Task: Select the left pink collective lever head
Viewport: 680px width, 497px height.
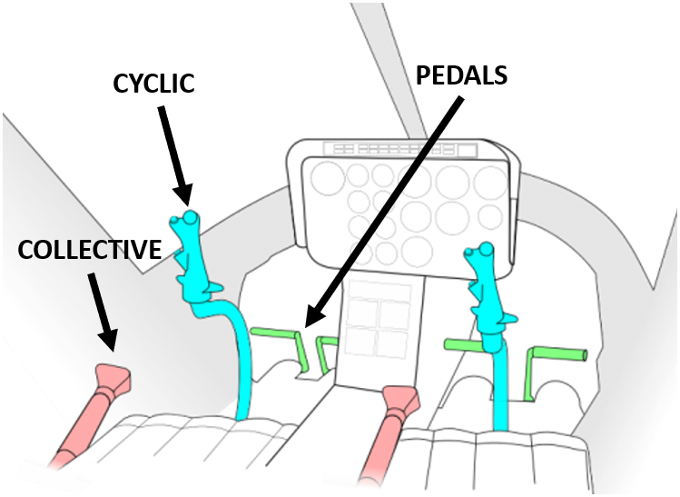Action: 113,378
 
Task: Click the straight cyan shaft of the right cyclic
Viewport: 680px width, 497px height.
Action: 502,391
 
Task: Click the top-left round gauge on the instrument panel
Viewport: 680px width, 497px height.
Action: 323,178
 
